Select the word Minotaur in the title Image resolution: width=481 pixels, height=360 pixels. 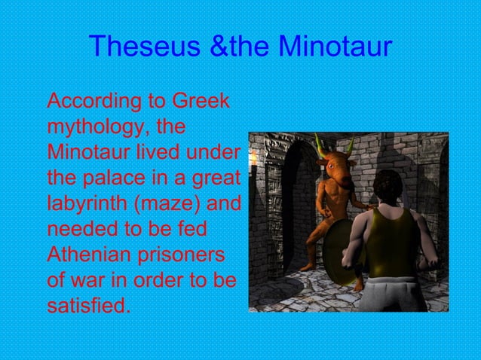pyautogui.click(x=335, y=47)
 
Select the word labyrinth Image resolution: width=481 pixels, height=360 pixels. pyautogui.click(x=84, y=204)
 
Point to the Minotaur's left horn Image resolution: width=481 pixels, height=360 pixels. pyautogui.click(x=318, y=143)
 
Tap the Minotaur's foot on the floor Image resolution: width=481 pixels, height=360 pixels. pyautogui.click(x=305, y=267)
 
